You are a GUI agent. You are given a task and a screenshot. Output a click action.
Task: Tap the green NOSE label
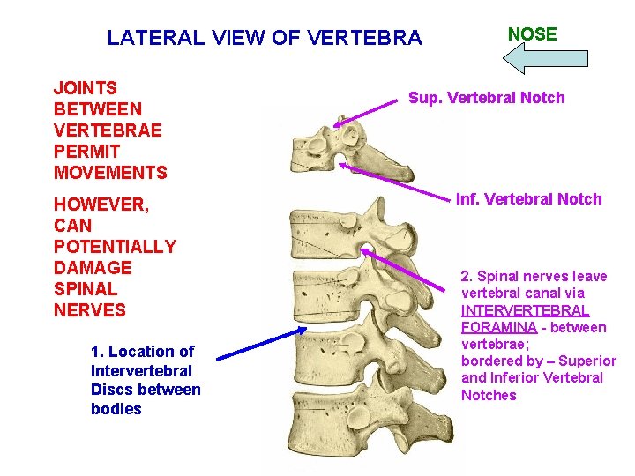(533, 34)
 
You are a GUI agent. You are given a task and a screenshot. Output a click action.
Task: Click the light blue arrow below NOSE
(544, 59)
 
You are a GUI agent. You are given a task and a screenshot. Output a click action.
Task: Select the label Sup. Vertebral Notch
(486, 98)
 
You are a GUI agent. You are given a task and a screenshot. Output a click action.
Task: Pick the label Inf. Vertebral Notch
(528, 199)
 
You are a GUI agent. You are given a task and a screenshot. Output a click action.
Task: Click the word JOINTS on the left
(86, 88)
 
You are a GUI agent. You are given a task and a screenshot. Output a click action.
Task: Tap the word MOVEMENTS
(110, 172)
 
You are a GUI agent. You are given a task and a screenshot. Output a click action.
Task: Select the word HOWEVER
(101, 205)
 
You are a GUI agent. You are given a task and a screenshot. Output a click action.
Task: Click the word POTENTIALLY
(115, 247)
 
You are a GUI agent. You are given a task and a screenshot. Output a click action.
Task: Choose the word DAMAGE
(93, 268)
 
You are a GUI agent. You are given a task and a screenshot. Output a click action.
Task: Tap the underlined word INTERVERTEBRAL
(525, 310)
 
